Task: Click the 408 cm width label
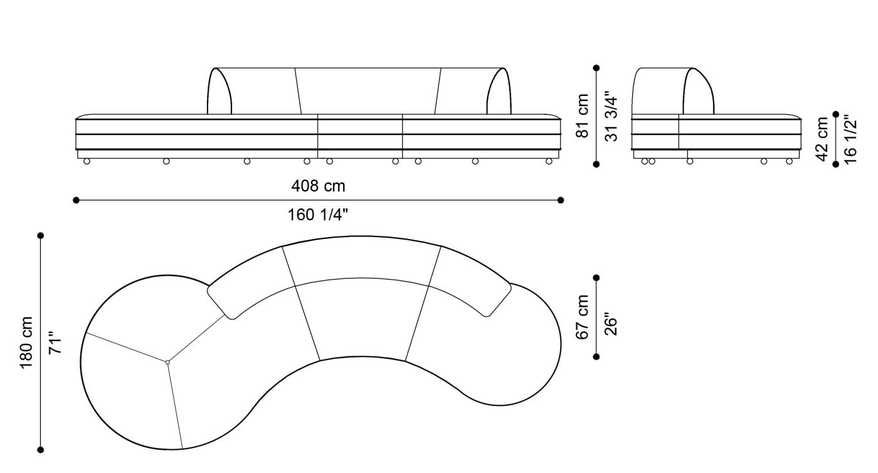pos(318,186)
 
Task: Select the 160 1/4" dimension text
pos(318,215)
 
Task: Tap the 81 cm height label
pos(583,116)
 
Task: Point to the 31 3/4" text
pos(611,116)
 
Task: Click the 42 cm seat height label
pos(822,139)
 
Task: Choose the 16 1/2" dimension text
pos(850,139)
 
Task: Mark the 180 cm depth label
pos(27,343)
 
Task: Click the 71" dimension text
pos(56,343)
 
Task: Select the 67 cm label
pos(583,317)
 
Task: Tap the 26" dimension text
pos(611,317)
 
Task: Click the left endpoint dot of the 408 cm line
pos(76,200)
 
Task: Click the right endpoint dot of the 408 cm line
pos(561,200)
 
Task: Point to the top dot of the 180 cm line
pos(41,236)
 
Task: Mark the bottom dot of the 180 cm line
pos(41,449)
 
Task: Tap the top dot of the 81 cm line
pos(596,68)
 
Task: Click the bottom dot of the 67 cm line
pos(596,356)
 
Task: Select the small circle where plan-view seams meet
pos(167,362)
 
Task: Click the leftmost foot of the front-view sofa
pos(87,161)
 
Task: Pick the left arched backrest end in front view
pos(219,92)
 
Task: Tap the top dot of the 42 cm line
pos(835,114)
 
